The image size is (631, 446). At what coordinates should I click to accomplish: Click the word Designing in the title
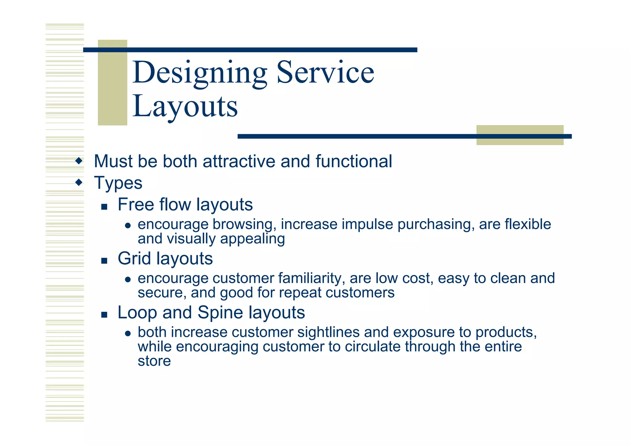coord(200,73)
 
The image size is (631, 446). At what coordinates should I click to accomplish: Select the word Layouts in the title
coord(185,106)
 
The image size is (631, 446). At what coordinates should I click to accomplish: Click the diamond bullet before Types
coord(79,182)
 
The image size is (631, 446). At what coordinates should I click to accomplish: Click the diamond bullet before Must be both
coord(79,161)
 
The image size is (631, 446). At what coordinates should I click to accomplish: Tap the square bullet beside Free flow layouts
coord(104,207)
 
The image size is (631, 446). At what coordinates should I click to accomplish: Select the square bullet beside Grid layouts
coord(104,261)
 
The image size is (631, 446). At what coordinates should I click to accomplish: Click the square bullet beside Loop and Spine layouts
coord(104,315)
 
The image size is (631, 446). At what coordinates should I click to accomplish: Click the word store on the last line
coord(154,361)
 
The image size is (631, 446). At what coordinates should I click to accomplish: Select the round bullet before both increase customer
coord(128,334)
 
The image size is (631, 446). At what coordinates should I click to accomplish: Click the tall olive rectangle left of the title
coord(112,82)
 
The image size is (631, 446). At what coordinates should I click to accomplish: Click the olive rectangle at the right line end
coord(520,135)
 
